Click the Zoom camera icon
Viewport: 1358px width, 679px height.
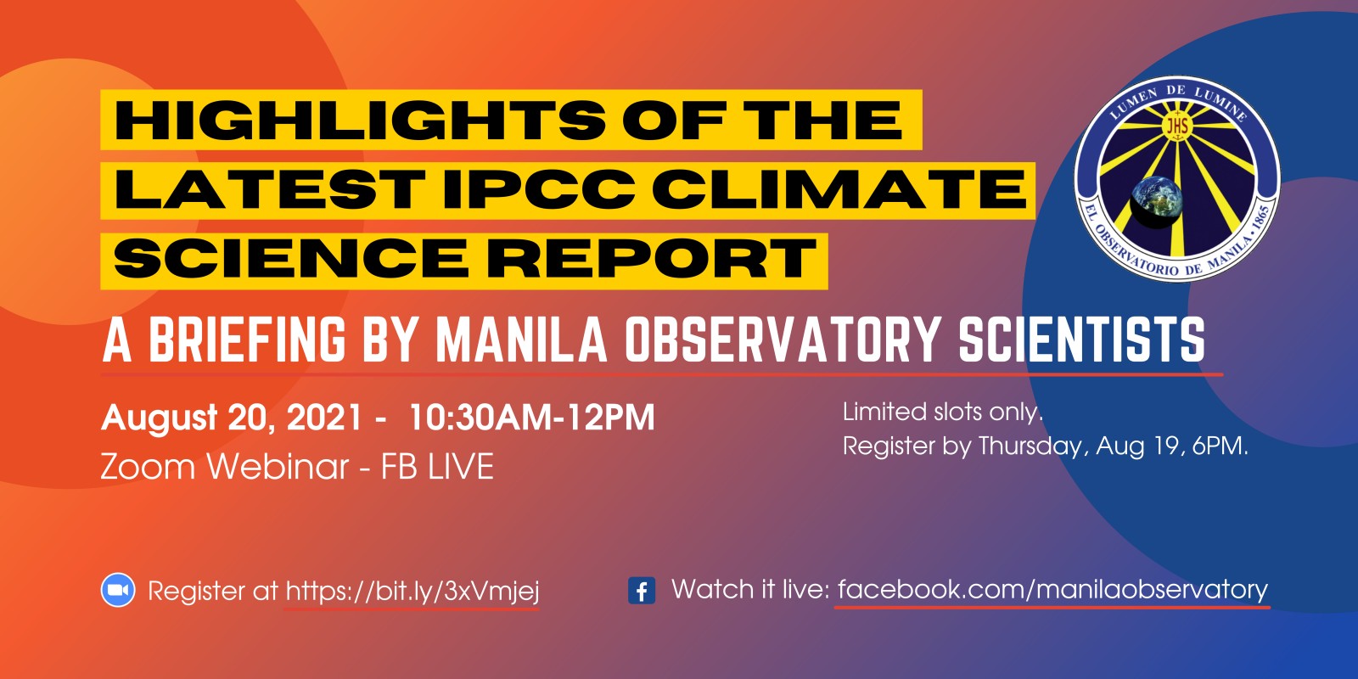click(118, 590)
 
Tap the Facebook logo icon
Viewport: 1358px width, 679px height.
click(642, 591)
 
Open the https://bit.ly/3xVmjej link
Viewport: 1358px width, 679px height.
click(412, 591)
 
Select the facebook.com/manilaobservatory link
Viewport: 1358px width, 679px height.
click(1053, 589)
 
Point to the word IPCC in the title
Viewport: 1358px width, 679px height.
click(540, 188)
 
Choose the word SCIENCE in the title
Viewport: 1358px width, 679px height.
click(291, 258)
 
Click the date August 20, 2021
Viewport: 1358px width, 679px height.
click(233, 418)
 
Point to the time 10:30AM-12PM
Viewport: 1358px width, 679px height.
click(531, 418)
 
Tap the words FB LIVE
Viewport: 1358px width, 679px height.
click(437, 467)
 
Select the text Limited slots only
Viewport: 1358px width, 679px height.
click(943, 412)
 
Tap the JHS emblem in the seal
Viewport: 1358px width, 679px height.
click(1177, 126)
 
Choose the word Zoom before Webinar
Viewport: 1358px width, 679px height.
click(149, 467)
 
